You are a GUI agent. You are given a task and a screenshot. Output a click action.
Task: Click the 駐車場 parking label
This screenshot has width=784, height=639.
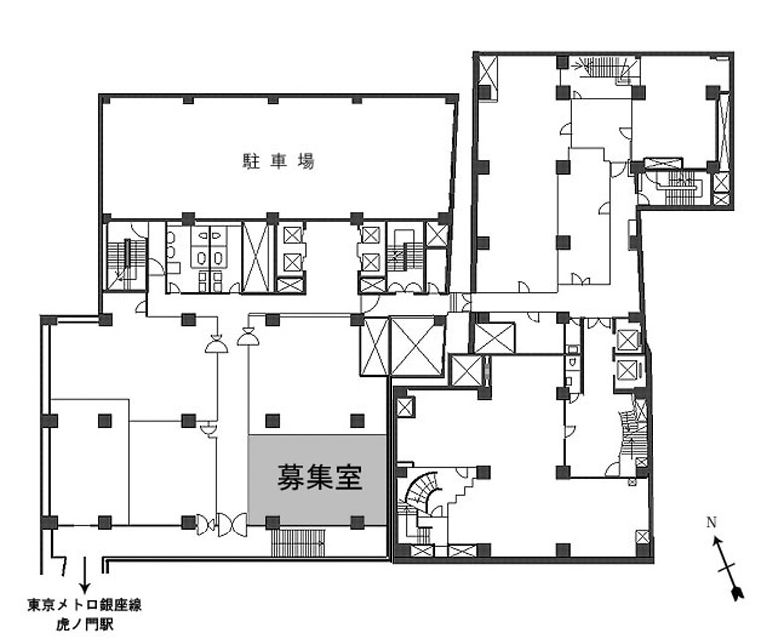click(x=279, y=162)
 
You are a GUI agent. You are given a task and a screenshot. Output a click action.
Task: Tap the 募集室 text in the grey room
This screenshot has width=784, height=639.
click(x=320, y=477)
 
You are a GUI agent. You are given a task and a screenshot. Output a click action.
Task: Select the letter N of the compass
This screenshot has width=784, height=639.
click(x=711, y=523)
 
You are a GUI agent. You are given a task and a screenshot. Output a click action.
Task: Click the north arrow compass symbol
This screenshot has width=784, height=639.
click(x=727, y=568)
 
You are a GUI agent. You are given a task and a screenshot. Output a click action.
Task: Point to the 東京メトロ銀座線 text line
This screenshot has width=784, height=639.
click(x=85, y=605)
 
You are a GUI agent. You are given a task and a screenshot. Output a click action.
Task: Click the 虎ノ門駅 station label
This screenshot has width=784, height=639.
click(x=85, y=624)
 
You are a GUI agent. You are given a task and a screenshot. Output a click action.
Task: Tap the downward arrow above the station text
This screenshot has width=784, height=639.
click(x=85, y=574)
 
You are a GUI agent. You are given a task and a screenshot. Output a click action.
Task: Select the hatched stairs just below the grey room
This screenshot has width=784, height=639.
click(x=298, y=542)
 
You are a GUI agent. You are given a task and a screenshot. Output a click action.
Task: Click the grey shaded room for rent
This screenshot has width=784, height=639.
click(x=317, y=480)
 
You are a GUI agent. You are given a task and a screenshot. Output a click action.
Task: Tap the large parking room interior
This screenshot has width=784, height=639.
click(x=278, y=157)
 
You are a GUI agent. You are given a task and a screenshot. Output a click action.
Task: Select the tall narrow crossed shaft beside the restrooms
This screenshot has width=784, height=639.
click(x=256, y=257)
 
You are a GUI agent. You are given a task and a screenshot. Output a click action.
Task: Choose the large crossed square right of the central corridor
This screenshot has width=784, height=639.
click(x=416, y=345)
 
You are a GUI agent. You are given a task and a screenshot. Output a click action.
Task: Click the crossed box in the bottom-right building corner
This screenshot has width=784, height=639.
click(x=643, y=537)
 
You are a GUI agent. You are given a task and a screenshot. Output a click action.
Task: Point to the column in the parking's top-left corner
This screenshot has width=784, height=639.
click(x=105, y=99)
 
